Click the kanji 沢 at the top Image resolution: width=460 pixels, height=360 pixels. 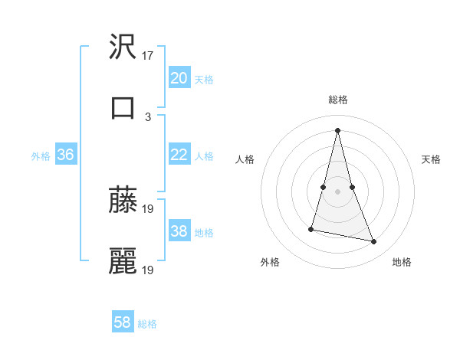click(123, 47)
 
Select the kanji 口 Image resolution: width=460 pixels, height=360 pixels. click(123, 107)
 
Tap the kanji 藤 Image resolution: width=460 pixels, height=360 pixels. click(123, 200)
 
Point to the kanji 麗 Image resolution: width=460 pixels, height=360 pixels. click(123, 261)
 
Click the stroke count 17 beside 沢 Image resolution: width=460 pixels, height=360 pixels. click(149, 56)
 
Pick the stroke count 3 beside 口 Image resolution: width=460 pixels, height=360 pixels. click(148, 116)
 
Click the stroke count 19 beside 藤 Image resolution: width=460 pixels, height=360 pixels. click(149, 208)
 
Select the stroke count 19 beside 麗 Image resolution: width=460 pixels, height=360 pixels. click(149, 270)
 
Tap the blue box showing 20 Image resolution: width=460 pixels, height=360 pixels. click(179, 78)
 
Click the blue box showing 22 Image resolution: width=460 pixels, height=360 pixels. click(179, 155)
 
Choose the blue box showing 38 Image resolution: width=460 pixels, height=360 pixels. click(179, 231)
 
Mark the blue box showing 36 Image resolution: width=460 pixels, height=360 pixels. click(66, 155)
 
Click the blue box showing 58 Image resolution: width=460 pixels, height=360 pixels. click(123, 322)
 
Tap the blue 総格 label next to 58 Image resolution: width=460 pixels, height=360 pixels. click(147, 324)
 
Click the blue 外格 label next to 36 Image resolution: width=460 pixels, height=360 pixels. click(41, 156)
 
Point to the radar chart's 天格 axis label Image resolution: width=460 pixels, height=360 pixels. click(431, 159)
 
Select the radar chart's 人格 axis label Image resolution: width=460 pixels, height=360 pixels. click(245, 159)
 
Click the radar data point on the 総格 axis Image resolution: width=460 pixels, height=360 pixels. click(337, 129)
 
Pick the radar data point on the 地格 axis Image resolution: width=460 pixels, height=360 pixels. click(374, 242)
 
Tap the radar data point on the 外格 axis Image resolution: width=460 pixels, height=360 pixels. click(312, 228)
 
